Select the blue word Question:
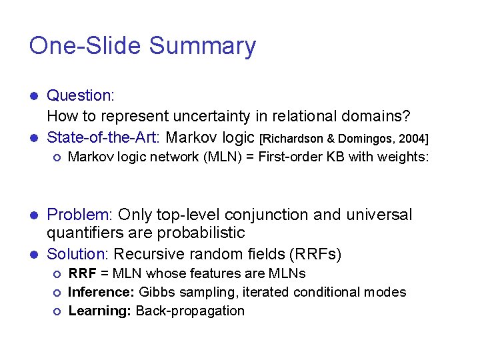pyautogui.click(x=81, y=97)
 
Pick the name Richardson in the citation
pyautogui.click(x=293, y=139)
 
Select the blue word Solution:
pyautogui.click(x=78, y=254)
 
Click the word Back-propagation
pyautogui.click(x=190, y=311)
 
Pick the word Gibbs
pyautogui.click(x=155, y=292)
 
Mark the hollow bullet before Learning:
pyautogui.click(x=57, y=311)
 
